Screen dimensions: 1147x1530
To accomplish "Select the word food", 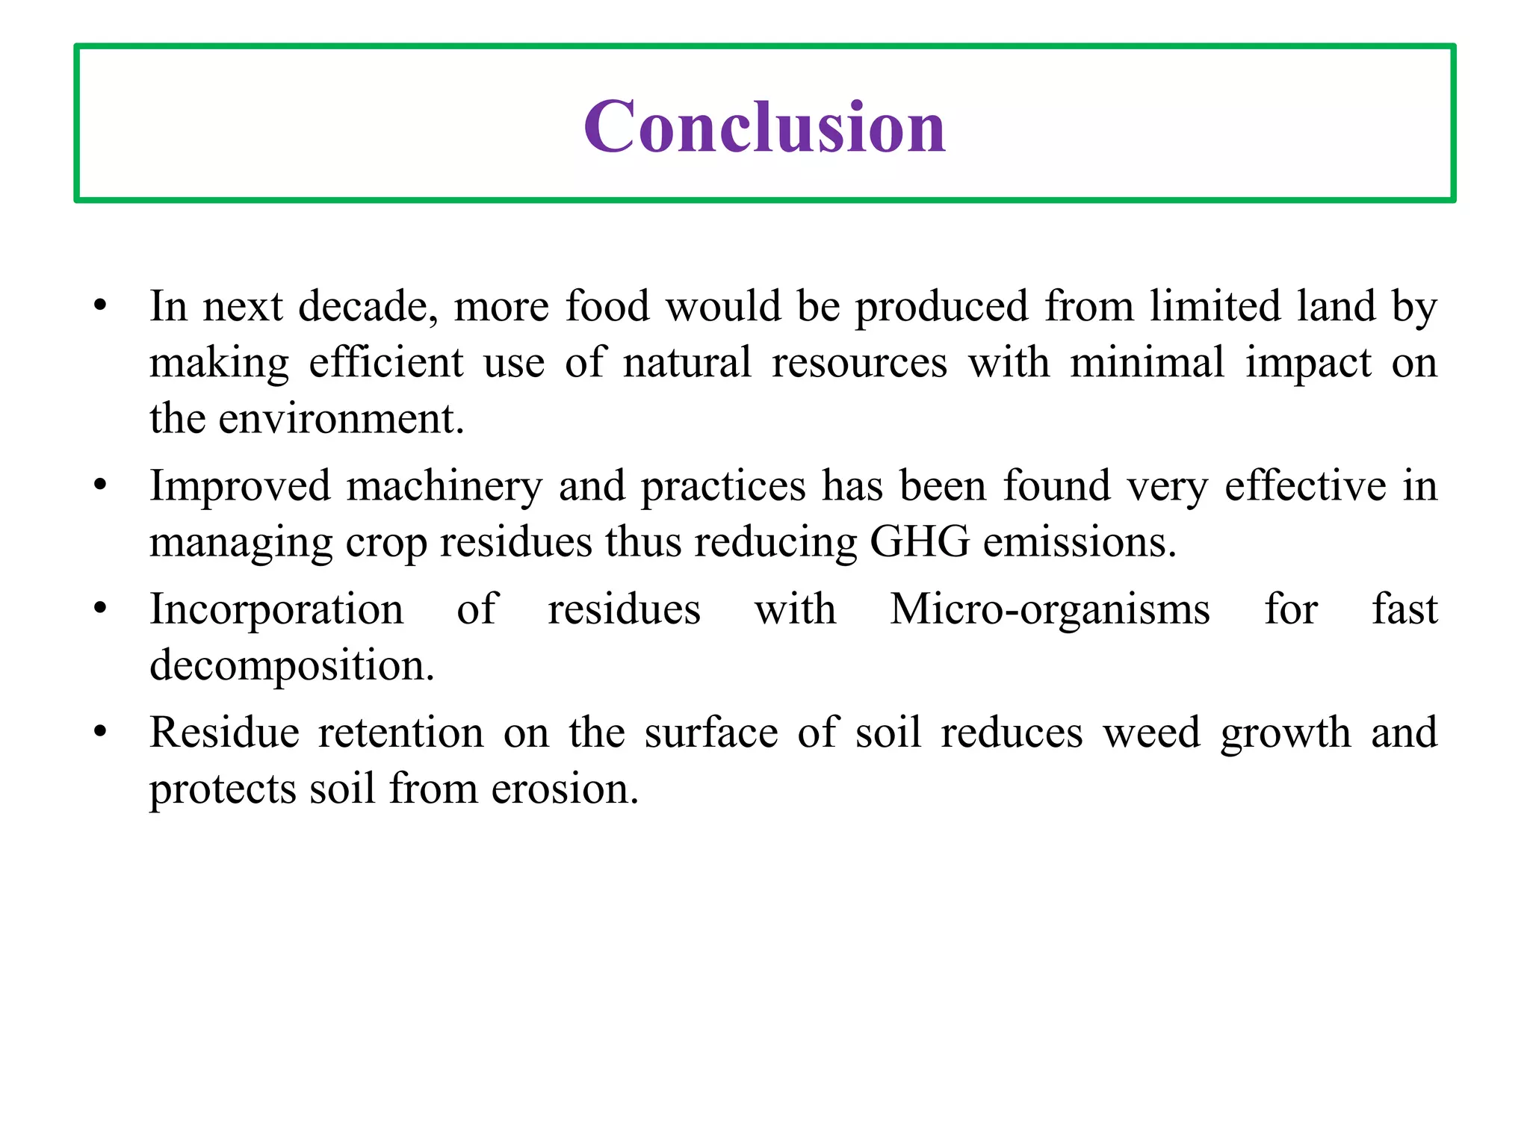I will (x=607, y=306).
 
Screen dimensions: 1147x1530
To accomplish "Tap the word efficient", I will (x=385, y=362).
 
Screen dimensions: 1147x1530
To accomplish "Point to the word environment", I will (x=341, y=418).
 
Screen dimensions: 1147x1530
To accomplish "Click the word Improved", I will (x=239, y=486).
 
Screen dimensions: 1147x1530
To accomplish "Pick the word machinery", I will (x=444, y=486).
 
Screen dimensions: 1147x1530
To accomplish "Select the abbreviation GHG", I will (x=920, y=541).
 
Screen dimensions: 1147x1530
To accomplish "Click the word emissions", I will (x=1079, y=541).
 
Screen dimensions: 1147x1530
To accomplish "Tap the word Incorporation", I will (x=276, y=609).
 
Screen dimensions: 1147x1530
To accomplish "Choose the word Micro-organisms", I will (x=1050, y=609).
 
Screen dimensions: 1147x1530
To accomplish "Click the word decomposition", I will (x=291, y=665).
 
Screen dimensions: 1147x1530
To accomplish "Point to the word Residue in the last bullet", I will (x=224, y=733).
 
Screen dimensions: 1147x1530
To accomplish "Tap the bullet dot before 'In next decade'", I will (x=100, y=306).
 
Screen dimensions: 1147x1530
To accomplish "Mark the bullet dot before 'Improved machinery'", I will (x=100, y=486).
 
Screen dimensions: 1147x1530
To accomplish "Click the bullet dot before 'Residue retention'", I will (x=100, y=733).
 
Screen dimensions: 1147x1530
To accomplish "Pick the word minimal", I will (x=1147, y=362).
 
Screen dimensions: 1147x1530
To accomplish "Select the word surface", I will (x=711, y=733).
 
